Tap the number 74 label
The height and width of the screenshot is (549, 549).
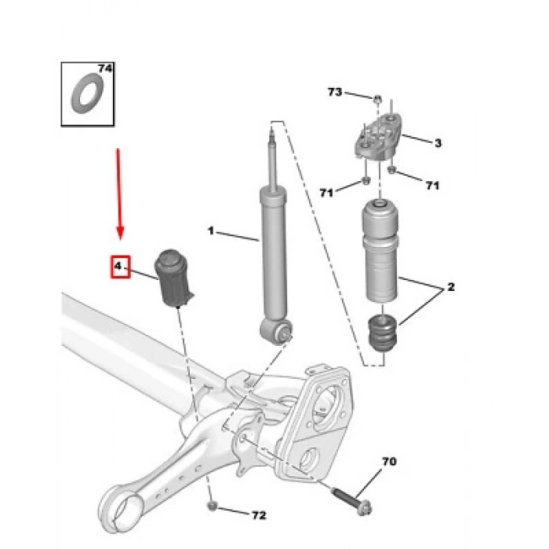(x=105, y=70)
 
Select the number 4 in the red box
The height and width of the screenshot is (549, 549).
(x=118, y=267)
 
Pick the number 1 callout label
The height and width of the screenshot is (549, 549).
(x=210, y=231)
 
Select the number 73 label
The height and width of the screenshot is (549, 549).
(x=335, y=93)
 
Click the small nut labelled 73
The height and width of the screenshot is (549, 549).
(x=377, y=100)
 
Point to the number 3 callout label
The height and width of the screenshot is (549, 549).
(x=438, y=143)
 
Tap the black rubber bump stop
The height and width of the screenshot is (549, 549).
(x=383, y=333)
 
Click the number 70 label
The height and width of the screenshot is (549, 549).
(x=389, y=462)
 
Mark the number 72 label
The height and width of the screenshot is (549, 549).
(x=258, y=515)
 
